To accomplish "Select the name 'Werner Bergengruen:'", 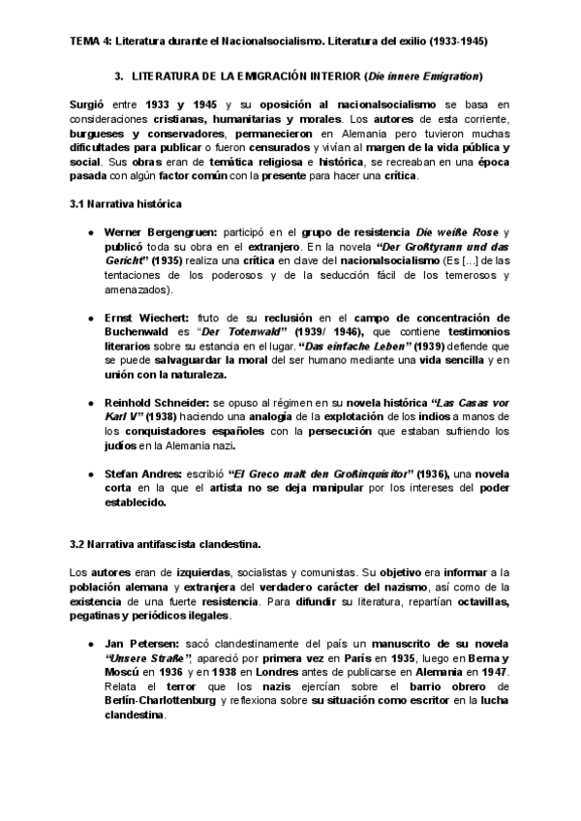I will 161,234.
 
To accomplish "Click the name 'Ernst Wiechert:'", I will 147,318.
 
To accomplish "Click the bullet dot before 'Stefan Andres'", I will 90,473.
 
